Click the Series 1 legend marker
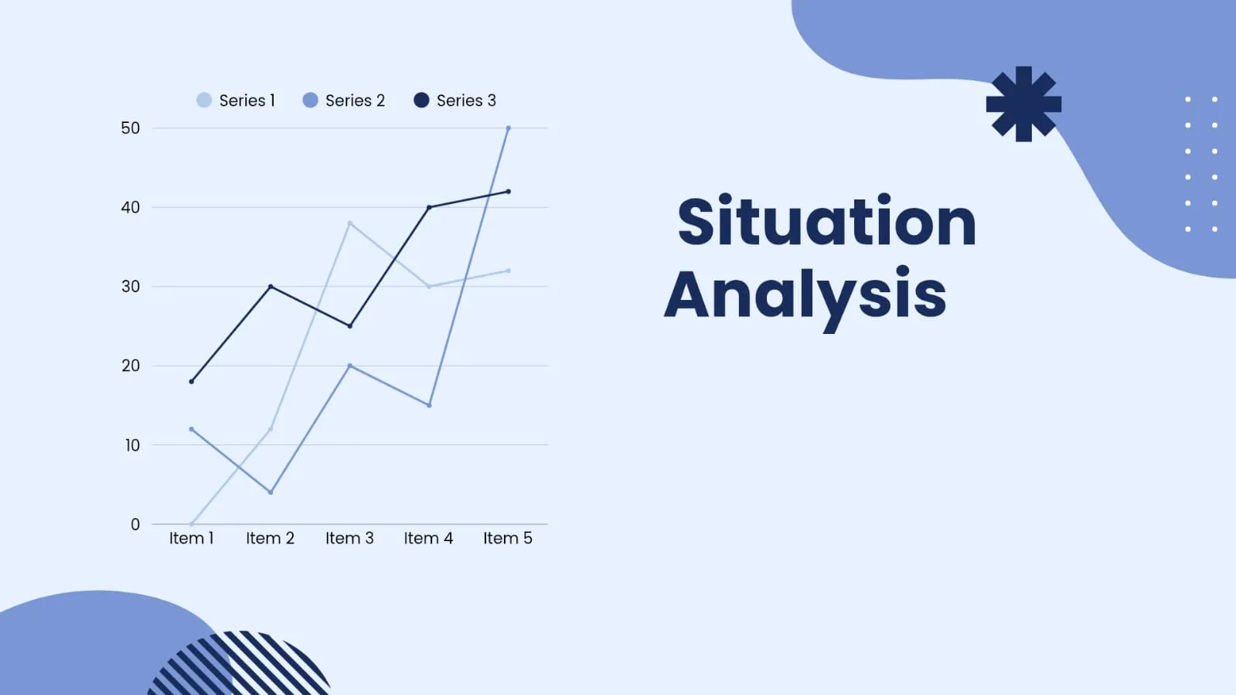(x=204, y=100)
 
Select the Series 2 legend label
(x=355, y=101)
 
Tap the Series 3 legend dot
(x=421, y=100)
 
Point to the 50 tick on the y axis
(x=130, y=128)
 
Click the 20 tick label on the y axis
(x=130, y=366)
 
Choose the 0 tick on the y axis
(x=135, y=524)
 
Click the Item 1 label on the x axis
(x=192, y=537)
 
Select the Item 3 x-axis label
(x=349, y=537)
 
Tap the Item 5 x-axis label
(x=508, y=537)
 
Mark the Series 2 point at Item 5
(x=508, y=128)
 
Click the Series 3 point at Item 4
(x=429, y=207)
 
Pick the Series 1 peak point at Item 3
(x=350, y=223)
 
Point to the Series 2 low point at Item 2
(x=271, y=492)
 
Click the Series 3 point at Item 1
(x=192, y=381)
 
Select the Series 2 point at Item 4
(x=429, y=405)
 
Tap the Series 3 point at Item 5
(x=508, y=192)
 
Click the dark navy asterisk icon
(x=1023, y=104)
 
